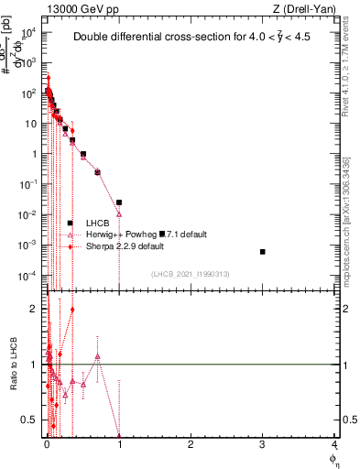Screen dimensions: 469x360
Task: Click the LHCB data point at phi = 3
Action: point(263,251)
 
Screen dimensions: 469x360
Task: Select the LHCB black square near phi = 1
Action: point(119,202)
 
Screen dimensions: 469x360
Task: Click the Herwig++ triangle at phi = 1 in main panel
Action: point(119,214)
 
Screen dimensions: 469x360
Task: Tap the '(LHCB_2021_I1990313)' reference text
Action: point(190,275)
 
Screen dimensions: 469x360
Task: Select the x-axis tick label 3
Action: point(263,444)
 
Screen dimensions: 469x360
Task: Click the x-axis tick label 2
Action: point(191,444)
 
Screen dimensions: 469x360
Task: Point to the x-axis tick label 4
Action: point(334,444)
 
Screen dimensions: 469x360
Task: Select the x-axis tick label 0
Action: point(48,444)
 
